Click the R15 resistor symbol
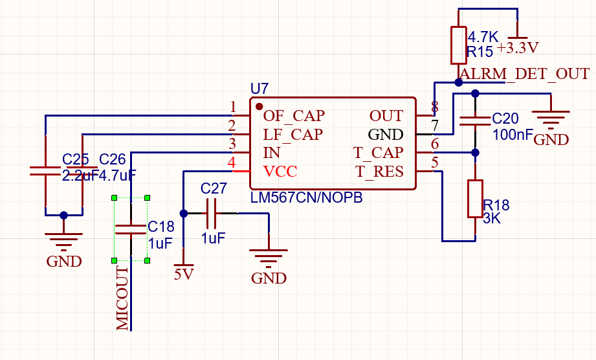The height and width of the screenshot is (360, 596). (x=458, y=45)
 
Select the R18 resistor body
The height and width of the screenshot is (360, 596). (x=475, y=198)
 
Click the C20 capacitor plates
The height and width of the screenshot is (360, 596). (x=475, y=121)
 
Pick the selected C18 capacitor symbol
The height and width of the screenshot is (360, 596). (x=131, y=229)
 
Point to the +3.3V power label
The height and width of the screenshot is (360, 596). (x=518, y=48)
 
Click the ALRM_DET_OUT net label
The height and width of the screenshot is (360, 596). (x=525, y=73)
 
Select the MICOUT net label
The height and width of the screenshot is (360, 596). (x=122, y=298)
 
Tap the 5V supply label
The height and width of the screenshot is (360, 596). (x=184, y=274)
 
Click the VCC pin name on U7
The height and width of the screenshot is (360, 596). (x=280, y=172)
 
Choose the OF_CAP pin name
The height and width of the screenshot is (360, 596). (x=294, y=115)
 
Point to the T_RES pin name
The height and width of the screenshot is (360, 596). (x=379, y=172)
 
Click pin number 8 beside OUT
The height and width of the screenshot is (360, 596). (x=435, y=107)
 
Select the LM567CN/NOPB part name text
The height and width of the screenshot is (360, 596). (x=306, y=197)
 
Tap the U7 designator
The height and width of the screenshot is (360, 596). (x=259, y=89)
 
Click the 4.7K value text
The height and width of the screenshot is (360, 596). (x=483, y=37)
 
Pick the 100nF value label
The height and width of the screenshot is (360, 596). (x=513, y=135)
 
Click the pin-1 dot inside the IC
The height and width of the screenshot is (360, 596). (x=259, y=106)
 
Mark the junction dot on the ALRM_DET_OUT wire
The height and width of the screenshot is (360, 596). (x=458, y=82)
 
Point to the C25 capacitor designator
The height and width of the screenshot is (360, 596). (x=75, y=159)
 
